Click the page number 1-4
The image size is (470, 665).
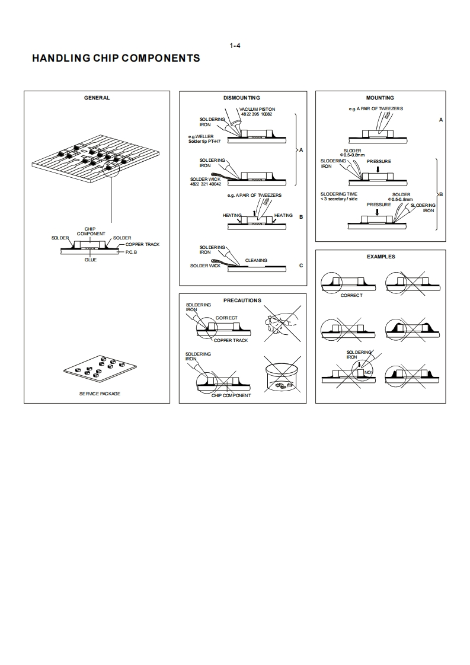[234, 46]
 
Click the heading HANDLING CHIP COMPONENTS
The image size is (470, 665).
[116, 58]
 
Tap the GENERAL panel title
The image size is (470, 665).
[97, 98]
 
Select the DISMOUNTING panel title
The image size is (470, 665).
[242, 98]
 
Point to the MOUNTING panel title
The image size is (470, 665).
[380, 98]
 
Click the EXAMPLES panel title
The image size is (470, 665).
[381, 257]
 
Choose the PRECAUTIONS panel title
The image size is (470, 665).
[242, 300]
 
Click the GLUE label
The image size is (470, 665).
[90, 260]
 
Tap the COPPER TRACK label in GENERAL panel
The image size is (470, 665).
[142, 244]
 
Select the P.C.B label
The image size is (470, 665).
[131, 252]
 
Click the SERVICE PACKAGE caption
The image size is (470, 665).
[100, 394]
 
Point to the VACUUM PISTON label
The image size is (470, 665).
[257, 109]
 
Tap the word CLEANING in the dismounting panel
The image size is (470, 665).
[256, 260]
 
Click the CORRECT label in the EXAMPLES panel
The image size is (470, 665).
[351, 295]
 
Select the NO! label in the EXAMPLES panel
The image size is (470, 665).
[367, 372]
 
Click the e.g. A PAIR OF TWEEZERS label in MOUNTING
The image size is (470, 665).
[376, 109]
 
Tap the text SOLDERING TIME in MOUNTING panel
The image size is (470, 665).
[339, 194]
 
